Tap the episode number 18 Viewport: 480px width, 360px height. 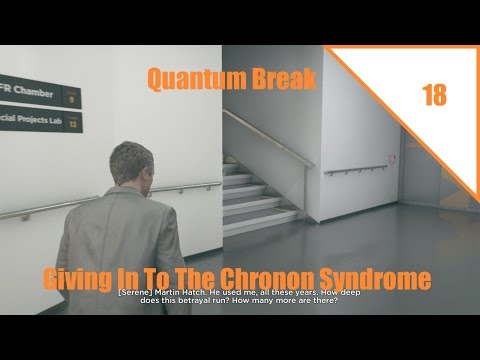coord(434,96)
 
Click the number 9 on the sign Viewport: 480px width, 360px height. coord(71,98)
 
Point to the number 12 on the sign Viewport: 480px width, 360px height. coord(71,124)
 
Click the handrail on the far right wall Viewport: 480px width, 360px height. coord(355,167)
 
